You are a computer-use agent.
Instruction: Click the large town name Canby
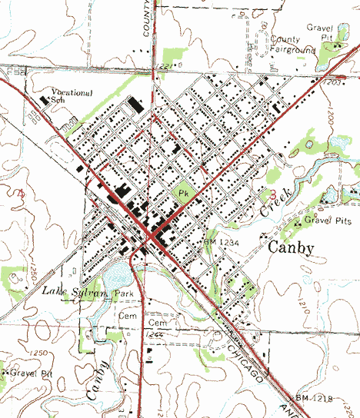pos(292,248)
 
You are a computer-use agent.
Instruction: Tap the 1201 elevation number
pos(332,80)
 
